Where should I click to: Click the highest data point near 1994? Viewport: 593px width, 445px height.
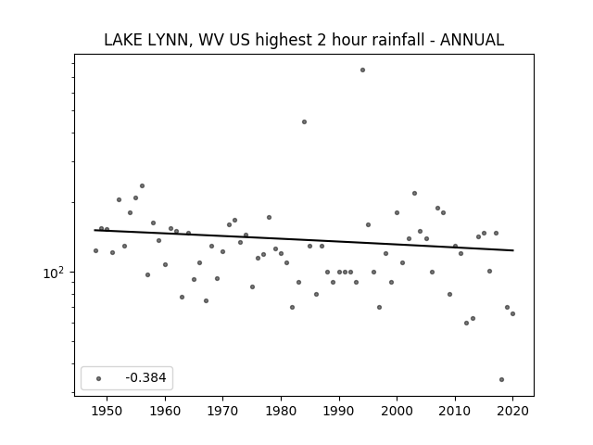tap(362, 70)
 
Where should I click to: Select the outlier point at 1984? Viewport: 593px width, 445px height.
tap(305, 121)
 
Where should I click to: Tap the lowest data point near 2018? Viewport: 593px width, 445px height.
tap(501, 379)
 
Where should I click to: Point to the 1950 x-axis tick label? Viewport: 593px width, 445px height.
tap(107, 411)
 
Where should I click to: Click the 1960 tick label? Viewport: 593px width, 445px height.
tap(165, 411)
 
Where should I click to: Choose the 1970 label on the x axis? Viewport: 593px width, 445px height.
tap(223, 411)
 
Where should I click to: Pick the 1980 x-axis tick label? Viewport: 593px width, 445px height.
tap(281, 411)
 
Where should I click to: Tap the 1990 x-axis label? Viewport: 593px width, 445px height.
tap(339, 411)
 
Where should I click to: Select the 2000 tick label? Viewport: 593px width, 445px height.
tap(397, 411)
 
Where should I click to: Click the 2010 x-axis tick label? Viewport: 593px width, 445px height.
tap(455, 411)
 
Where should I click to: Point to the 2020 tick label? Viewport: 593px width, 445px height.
tap(512, 411)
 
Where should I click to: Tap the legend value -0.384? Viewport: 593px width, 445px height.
tap(145, 377)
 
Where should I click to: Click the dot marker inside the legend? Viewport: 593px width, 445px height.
tap(99, 378)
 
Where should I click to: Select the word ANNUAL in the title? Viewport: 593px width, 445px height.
tap(472, 40)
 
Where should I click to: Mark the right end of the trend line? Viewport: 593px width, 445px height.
tap(513, 250)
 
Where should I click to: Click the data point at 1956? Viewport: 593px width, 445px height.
tap(142, 185)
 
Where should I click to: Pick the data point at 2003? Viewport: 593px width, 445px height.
tap(414, 194)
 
